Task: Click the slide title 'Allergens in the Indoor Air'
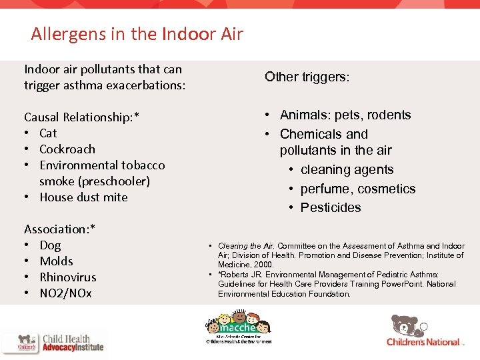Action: [137, 33]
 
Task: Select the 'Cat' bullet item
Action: [48, 133]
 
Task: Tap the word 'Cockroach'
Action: [67, 149]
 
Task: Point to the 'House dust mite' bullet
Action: [83, 197]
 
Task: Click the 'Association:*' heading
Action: [59, 229]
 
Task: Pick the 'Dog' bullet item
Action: [50, 245]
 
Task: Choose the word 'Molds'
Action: [56, 261]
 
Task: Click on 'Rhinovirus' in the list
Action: [67, 277]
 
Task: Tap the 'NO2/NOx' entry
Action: [65, 293]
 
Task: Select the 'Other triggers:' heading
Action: [307, 77]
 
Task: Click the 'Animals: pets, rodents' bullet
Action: [345, 115]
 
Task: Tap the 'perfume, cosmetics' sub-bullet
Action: [357, 189]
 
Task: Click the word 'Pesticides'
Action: [331, 207]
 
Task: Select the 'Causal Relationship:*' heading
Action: [81, 117]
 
